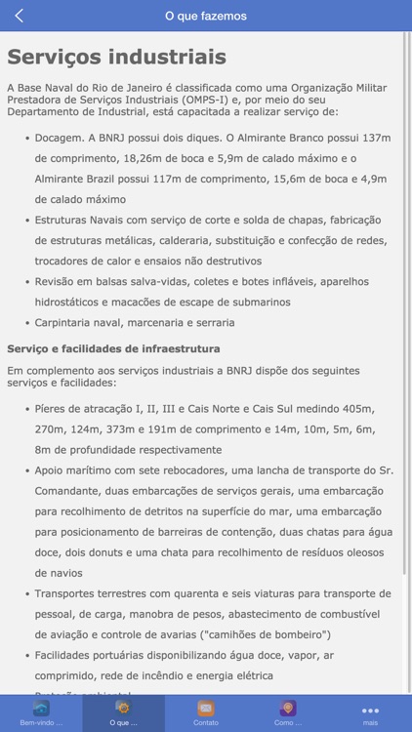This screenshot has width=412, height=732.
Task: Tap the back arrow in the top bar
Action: (20, 16)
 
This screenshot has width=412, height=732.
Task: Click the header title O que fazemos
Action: (206, 16)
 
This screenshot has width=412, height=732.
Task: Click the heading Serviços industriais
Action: (117, 57)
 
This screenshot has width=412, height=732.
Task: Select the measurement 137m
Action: (376, 138)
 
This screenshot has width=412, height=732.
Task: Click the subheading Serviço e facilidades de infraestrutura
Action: (113, 348)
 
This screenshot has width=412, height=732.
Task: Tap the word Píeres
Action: (53, 408)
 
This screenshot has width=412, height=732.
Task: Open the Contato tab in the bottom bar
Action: (206, 713)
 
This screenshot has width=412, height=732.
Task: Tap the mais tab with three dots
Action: (370, 713)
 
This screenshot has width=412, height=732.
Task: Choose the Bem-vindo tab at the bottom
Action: (41, 713)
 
